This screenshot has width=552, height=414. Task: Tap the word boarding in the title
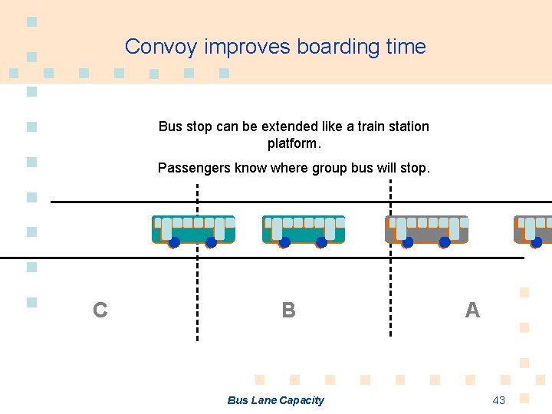click(340, 47)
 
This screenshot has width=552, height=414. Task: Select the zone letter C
click(100, 310)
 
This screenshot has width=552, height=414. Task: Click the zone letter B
click(288, 310)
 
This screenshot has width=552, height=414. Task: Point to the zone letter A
click(472, 310)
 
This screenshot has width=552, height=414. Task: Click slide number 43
click(499, 400)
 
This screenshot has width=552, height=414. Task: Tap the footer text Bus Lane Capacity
click(275, 400)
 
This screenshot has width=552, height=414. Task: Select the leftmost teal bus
click(193, 230)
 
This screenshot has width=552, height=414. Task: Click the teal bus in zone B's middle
click(304, 230)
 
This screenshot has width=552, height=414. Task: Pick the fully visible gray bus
click(426, 230)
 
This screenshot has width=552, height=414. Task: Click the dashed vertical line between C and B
click(197, 284)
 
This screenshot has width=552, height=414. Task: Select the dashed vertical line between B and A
click(391, 284)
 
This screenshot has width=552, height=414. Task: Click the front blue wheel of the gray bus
click(408, 242)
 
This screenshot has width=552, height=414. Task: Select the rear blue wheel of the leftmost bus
click(211, 242)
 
